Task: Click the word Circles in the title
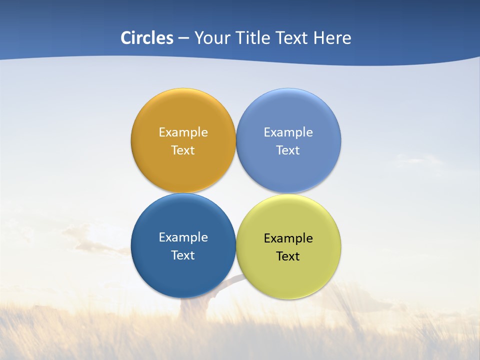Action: pos(147,38)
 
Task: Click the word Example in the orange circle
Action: pos(183,132)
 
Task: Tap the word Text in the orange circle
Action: pos(183,150)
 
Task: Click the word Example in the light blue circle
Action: pos(288,132)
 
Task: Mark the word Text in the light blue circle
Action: pos(288,150)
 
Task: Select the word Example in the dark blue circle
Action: pos(183,237)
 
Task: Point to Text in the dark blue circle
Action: pos(183,255)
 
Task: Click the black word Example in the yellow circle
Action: pos(288,238)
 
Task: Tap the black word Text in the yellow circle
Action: pos(288,256)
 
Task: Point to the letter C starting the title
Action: pos(125,38)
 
